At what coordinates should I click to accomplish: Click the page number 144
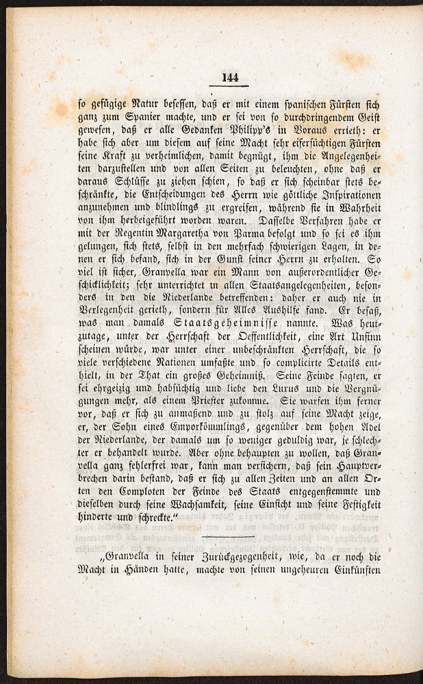pyautogui.click(x=229, y=77)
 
